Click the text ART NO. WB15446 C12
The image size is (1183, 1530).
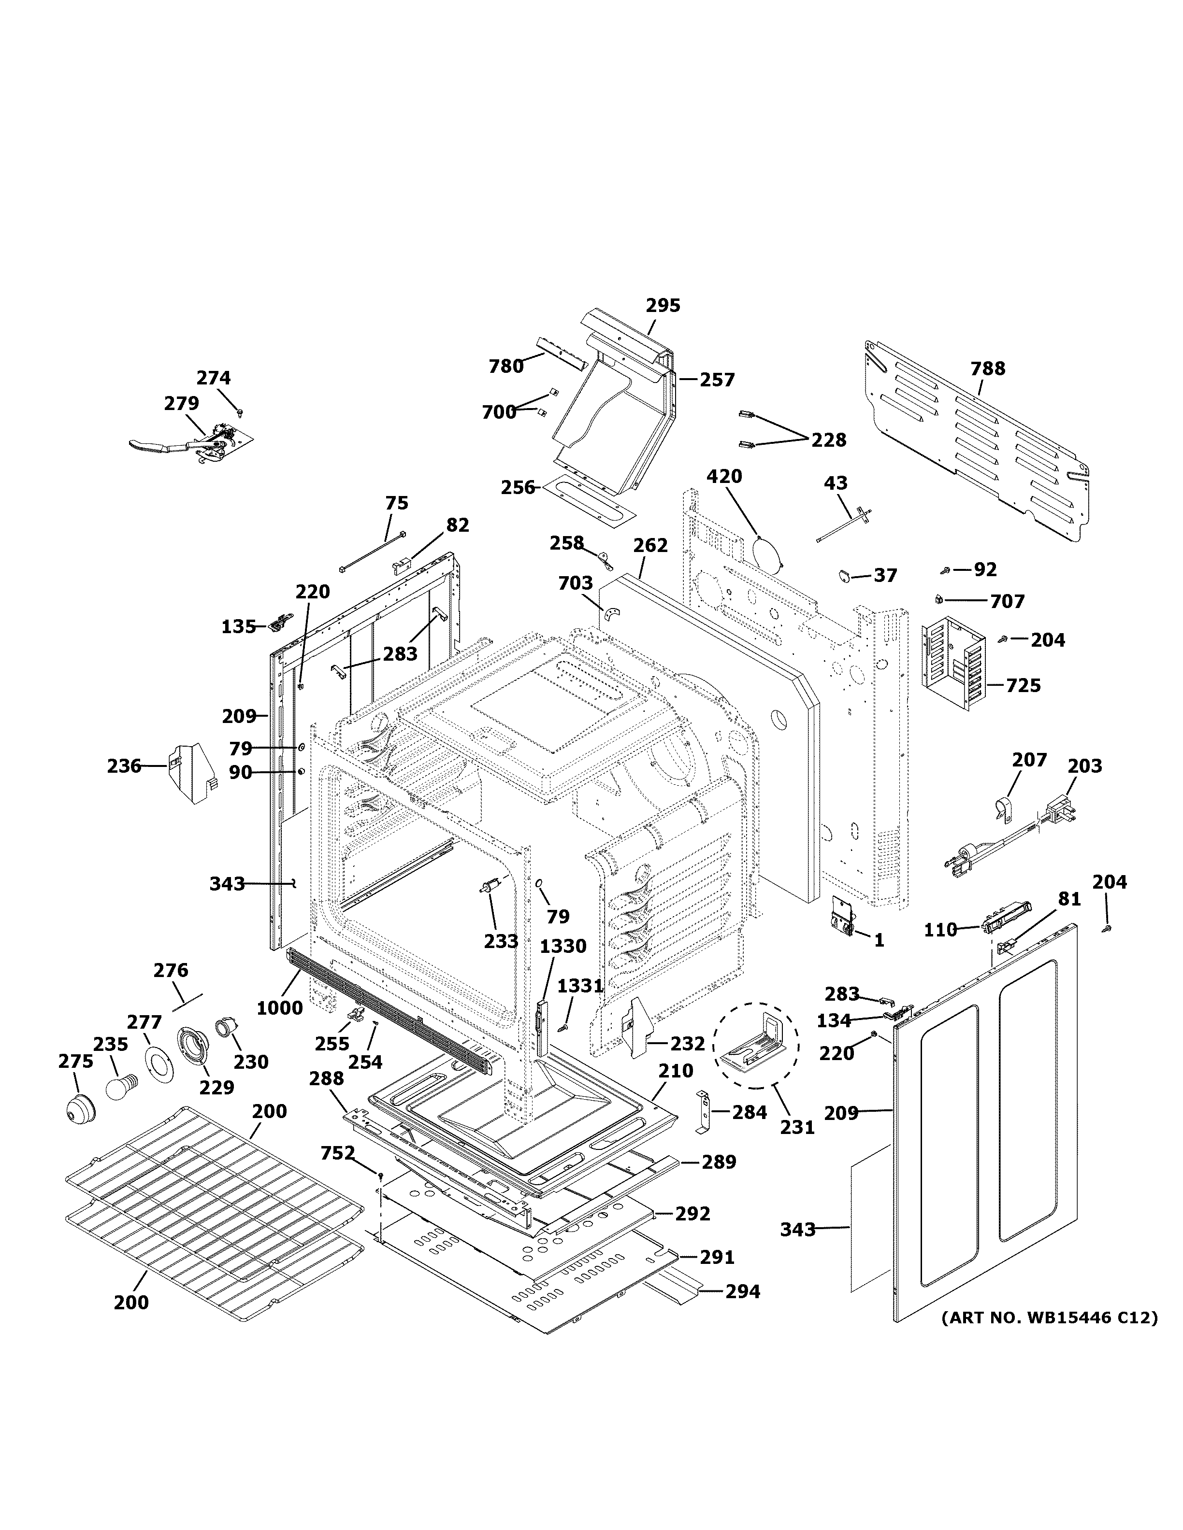click(1049, 1317)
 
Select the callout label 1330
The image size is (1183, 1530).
click(563, 947)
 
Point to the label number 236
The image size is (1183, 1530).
click(124, 766)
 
